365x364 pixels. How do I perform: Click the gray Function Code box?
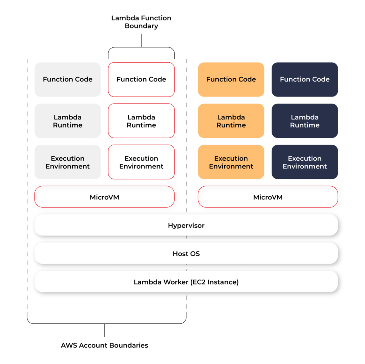point(68,79)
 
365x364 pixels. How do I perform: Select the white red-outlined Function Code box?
point(141,79)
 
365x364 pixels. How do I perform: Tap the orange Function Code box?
point(231,79)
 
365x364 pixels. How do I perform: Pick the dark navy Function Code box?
point(305,79)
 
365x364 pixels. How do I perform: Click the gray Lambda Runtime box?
point(68,121)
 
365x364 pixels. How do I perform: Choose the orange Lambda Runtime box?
point(231,121)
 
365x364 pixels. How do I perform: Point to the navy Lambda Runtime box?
point(305,121)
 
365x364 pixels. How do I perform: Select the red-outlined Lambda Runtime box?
point(141,121)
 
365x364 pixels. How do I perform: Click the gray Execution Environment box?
point(68,162)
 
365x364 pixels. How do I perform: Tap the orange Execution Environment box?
point(231,162)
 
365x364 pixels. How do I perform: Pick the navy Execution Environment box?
point(305,162)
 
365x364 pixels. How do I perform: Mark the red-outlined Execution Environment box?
point(141,162)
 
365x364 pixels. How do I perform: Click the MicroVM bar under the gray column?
point(104,197)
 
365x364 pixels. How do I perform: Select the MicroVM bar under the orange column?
point(268,197)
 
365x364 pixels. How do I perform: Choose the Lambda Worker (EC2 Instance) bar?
point(186,282)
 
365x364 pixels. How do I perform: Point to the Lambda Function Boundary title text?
point(141,22)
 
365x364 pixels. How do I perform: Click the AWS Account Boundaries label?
point(104,345)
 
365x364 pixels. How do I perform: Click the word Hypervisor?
point(186,225)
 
